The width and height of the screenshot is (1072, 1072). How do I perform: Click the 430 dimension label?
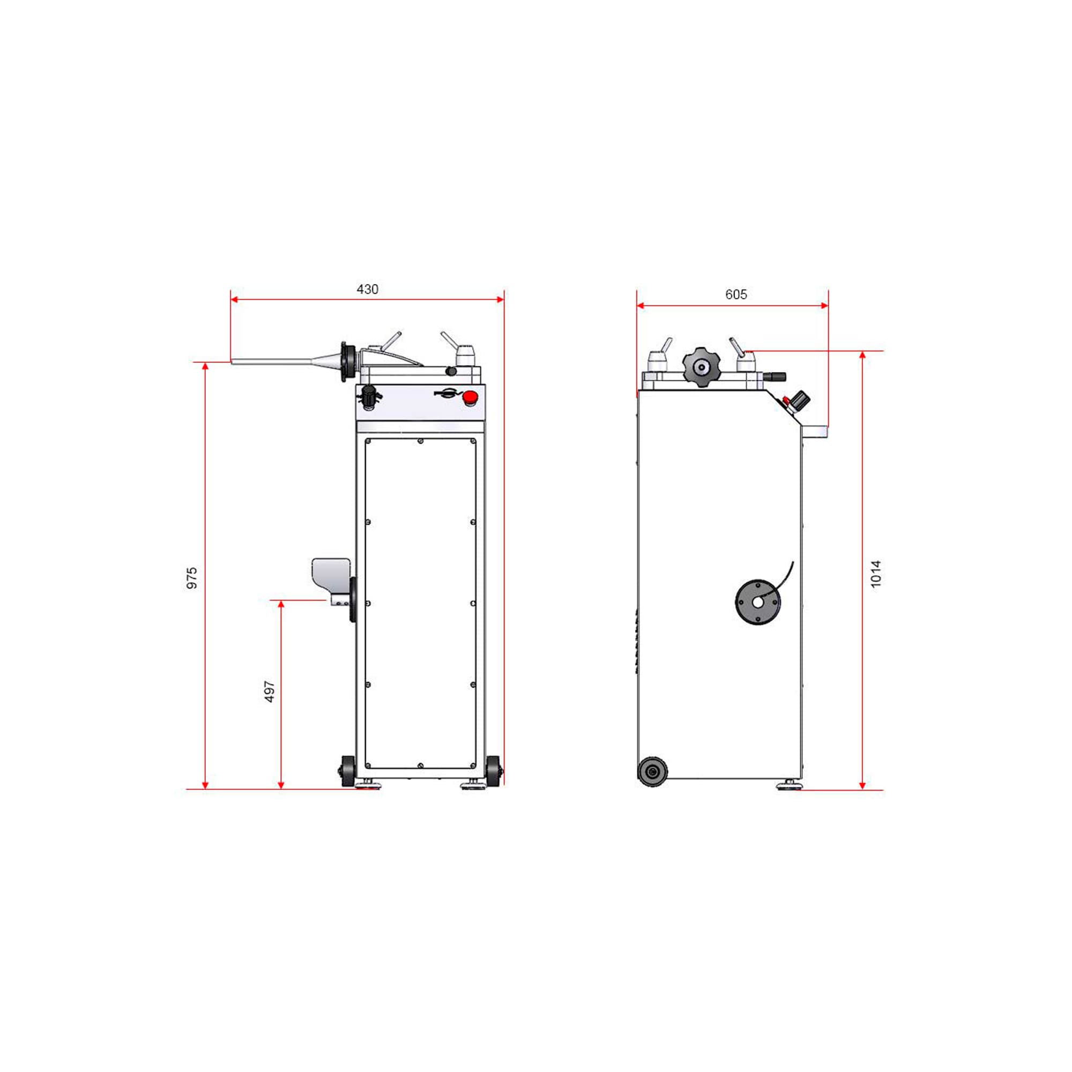(x=367, y=289)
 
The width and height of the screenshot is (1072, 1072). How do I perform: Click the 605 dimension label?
(x=736, y=295)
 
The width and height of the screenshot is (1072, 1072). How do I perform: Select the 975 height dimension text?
(x=192, y=578)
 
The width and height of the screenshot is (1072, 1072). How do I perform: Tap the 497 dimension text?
(x=270, y=691)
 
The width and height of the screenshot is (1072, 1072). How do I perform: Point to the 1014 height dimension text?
(x=876, y=574)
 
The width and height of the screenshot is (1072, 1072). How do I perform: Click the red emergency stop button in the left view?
(x=471, y=397)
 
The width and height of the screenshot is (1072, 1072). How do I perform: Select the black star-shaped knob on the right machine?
(x=701, y=366)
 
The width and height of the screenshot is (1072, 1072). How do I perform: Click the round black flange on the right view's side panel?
(x=758, y=602)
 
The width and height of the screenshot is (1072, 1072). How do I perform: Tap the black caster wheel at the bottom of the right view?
(x=652, y=771)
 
